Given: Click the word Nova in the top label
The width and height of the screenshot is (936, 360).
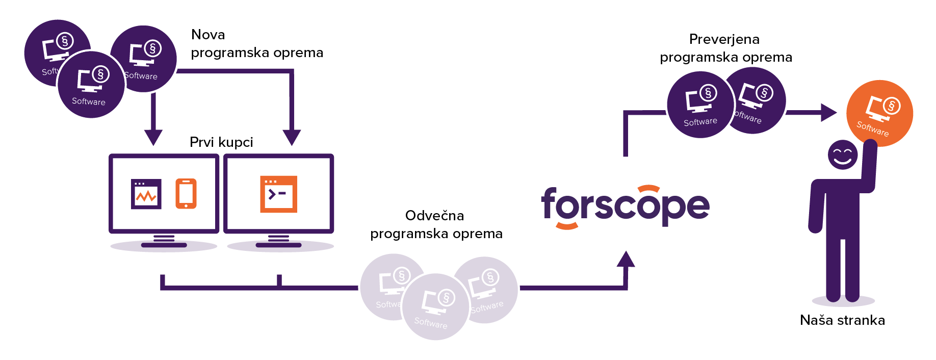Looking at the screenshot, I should point(208,35).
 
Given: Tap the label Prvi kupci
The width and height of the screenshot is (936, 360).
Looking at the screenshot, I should point(221,142).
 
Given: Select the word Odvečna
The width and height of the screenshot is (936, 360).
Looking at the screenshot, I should point(434,216).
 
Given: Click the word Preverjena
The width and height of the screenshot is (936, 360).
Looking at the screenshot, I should point(724,39).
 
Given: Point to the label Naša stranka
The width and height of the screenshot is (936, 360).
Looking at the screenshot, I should point(842,320).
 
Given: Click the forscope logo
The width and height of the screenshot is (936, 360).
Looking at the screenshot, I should point(625,205).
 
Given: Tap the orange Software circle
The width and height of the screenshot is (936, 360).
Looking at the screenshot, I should point(879,113).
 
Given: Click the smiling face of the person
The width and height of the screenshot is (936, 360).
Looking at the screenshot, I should point(842,155).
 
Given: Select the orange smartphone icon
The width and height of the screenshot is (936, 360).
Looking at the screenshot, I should point(186,193).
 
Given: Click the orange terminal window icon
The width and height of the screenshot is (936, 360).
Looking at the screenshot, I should point(278,194).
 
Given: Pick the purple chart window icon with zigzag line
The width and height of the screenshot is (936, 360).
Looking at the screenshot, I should point(146,194).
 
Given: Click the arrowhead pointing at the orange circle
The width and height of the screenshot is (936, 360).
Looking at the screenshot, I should point(828,113).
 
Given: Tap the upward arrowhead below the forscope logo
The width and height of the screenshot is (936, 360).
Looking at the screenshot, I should point(626,260).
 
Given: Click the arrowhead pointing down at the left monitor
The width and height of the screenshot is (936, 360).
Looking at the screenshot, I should point(153,137).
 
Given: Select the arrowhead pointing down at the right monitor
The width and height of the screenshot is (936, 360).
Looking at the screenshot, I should point(292,137).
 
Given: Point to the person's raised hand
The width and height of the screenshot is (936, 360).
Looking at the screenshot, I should point(870,148).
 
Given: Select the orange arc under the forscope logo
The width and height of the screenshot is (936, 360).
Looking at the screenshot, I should point(566,225).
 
